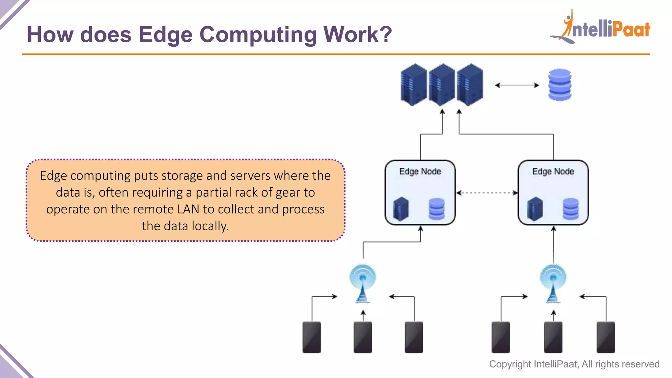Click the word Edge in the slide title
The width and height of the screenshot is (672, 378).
[165, 35]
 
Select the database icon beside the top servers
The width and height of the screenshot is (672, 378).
[560, 85]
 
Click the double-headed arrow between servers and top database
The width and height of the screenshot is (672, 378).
[517, 85]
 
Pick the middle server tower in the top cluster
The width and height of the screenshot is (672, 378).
[442, 85]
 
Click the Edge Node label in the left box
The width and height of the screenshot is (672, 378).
[420, 172]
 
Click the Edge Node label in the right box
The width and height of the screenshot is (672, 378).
[553, 172]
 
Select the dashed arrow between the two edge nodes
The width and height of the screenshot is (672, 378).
[487, 193]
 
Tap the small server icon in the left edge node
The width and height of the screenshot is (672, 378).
[401, 209]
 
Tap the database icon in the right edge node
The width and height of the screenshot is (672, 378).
[571, 209]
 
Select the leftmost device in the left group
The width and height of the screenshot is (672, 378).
[311, 337]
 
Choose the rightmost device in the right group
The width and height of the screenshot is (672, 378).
[605, 337]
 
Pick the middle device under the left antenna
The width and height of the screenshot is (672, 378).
[363, 337]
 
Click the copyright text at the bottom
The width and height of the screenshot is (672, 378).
[574, 364]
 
